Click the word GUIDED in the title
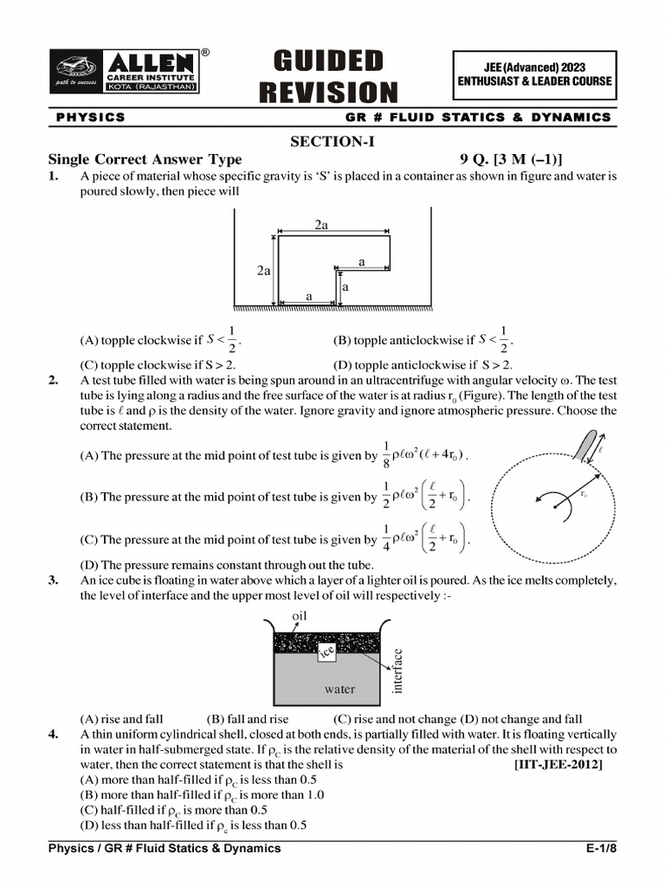tap(328, 61)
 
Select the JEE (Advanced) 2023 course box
tap(534, 74)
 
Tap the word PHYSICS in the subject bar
tap(91, 117)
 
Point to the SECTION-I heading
tap(332, 142)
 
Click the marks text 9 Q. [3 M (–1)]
tap(511, 159)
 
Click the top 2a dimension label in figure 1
tap(321, 225)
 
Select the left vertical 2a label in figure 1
tap(264, 271)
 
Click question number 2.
tap(54, 380)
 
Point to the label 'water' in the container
tap(339, 690)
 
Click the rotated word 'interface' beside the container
tap(398, 671)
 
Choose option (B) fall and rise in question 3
tap(248, 719)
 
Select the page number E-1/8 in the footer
tap(601, 849)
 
